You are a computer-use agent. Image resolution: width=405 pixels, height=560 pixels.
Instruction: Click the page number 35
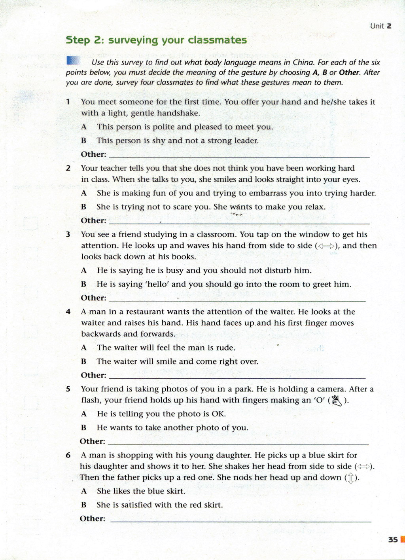click(393, 539)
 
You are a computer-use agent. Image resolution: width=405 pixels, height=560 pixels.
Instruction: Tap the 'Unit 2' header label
click(380, 26)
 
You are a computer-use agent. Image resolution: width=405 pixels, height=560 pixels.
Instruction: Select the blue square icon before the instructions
click(74, 61)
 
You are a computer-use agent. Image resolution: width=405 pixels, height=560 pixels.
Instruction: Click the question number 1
click(68, 102)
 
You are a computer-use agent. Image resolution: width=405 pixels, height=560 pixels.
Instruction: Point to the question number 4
click(68, 312)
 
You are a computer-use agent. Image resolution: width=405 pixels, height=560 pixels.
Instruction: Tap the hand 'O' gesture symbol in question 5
click(337, 401)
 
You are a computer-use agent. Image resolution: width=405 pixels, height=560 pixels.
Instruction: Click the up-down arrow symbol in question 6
click(350, 478)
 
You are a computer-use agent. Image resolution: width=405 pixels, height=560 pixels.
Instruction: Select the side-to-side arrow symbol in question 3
click(327, 246)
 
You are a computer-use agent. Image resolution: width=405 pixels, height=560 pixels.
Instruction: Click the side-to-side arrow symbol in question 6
click(364, 467)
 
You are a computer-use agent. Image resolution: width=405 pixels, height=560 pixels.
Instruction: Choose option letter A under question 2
click(84, 193)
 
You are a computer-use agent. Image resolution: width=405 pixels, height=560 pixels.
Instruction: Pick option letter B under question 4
click(83, 361)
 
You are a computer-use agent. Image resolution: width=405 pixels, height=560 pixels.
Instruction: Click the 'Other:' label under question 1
click(93, 154)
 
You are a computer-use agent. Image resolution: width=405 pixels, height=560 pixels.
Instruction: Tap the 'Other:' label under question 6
click(93, 518)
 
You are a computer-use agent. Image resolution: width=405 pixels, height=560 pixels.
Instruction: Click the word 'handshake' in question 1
click(178, 113)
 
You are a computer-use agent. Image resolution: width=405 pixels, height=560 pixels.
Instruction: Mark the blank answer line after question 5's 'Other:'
click(238, 443)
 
